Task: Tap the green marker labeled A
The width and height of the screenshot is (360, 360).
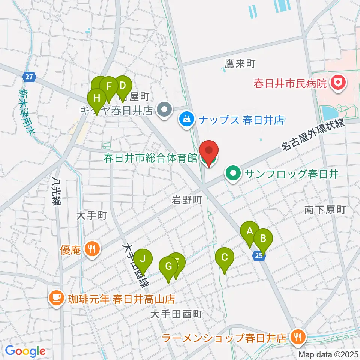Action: [x=249, y=231]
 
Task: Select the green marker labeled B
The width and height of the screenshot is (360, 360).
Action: [x=263, y=238]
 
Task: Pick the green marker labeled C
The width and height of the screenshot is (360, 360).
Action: [x=225, y=258]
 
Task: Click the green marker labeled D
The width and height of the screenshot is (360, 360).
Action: [x=123, y=86]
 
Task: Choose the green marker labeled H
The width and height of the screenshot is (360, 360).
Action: [x=97, y=99]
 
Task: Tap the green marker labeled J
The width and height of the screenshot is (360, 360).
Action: [x=142, y=259]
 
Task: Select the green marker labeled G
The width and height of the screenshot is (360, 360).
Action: [x=168, y=266]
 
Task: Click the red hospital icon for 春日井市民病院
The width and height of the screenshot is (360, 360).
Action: [x=338, y=83]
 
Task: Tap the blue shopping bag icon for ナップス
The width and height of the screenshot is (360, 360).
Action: [x=186, y=120]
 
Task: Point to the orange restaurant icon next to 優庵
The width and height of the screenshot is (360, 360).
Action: [x=92, y=248]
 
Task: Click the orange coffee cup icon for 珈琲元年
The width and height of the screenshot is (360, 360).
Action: [x=57, y=298]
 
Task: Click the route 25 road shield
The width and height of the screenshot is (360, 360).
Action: [x=259, y=256]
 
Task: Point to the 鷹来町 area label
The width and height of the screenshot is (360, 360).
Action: [x=240, y=64]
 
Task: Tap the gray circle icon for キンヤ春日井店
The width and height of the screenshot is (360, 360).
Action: [x=164, y=110]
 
